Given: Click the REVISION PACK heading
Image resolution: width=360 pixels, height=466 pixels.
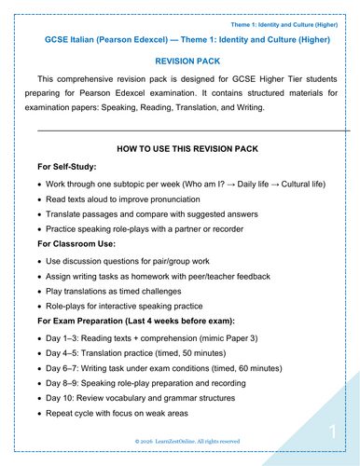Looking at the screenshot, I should click(x=179, y=59).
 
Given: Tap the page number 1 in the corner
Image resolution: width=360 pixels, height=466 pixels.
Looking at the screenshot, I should click(x=332, y=431).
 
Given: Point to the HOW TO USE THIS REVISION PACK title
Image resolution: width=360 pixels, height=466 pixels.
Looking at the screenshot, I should click(x=179, y=147).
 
